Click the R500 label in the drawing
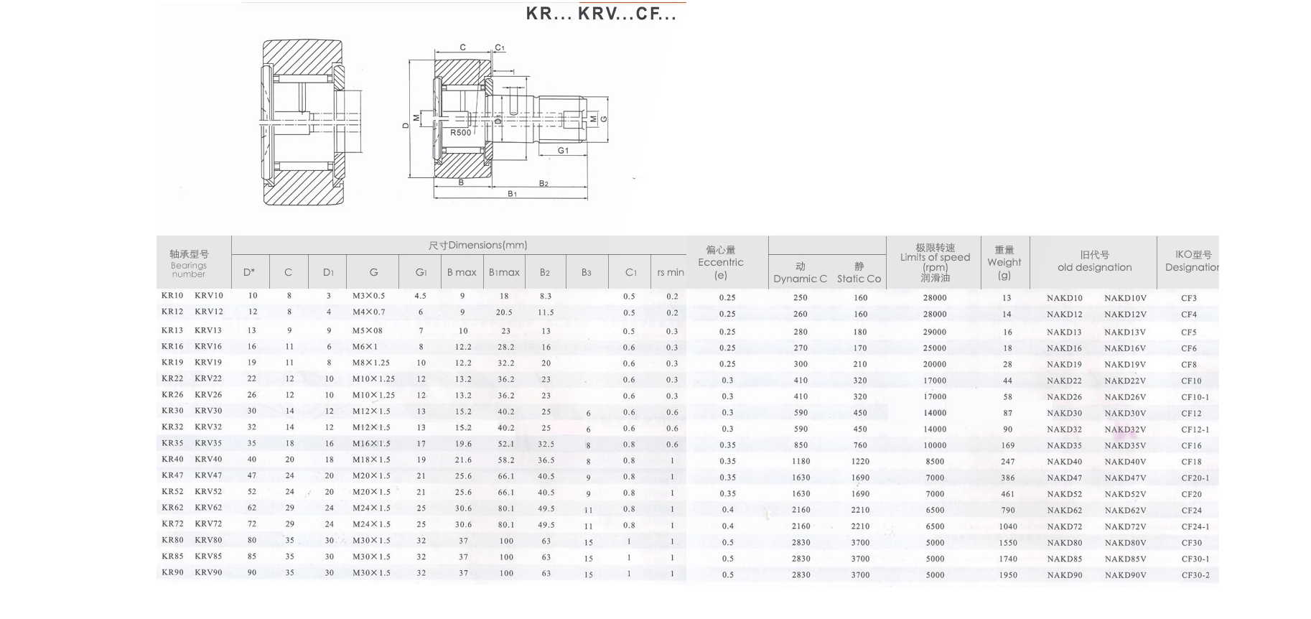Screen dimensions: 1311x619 click(461, 133)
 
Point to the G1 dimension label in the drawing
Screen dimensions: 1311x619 click(564, 151)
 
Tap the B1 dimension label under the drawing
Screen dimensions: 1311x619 click(513, 194)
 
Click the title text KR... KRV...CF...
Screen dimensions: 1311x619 click(601, 14)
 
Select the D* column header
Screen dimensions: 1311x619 click(249, 272)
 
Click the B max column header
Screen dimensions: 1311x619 click(462, 272)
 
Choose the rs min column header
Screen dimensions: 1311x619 click(671, 272)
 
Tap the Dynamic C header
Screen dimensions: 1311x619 click(801, 279)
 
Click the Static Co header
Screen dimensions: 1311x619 click(859, 279)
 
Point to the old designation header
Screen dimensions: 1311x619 click(1095, 267)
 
